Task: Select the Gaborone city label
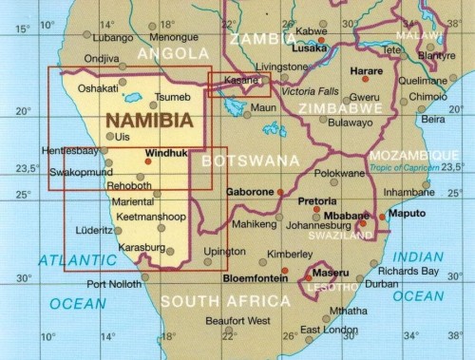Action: click(250, 193)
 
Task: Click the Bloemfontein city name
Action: click(256, 278)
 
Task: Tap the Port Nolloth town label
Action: click(115, 284)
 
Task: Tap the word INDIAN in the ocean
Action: click(418, 256)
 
